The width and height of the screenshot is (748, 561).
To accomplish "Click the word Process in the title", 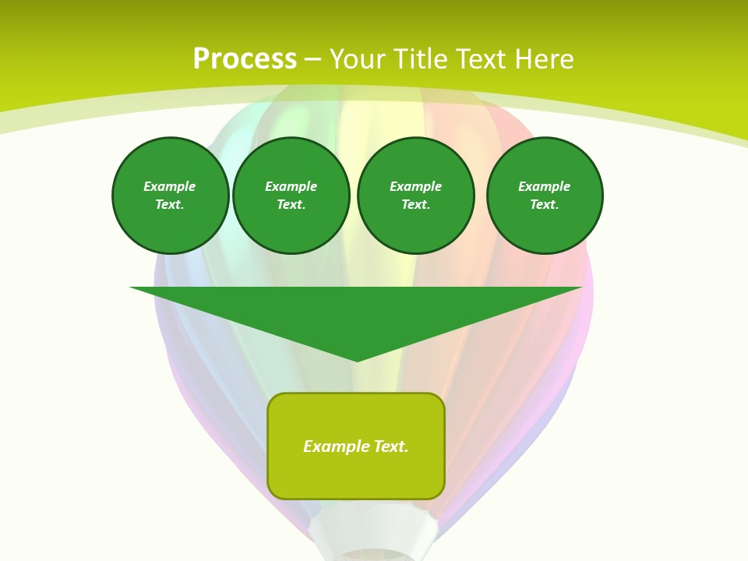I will click(x=245, y=59).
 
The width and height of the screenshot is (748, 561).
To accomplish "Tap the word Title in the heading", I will click(x=422, y=59).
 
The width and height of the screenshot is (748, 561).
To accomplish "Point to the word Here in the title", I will click(x=545, y=59).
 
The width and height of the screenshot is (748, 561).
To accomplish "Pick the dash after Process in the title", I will click(x=312, y=60).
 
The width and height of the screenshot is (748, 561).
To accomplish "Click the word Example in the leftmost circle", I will click(x=170, y=186).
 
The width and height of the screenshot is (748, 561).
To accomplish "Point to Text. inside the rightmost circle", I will click(x=545, y=205).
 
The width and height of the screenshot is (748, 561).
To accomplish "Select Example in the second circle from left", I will click(x=291, y=186).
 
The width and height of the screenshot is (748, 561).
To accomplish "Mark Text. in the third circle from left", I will click(x=416, y=205).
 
